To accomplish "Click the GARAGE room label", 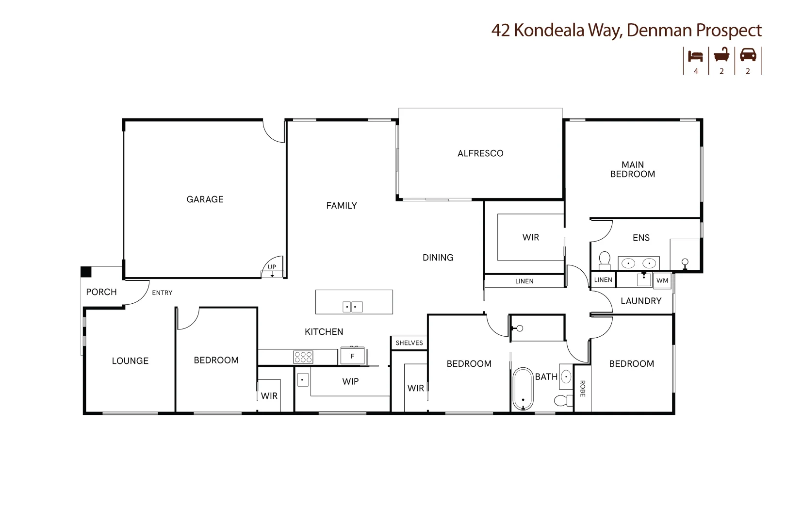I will (205, 199).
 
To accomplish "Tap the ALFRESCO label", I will (480, 153).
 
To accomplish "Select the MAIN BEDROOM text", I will (632, 169).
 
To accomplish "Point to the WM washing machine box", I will (662, 280).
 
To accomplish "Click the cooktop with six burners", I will (303, 358).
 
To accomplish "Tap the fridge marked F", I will (353, 356).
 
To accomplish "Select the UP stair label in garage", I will (272, 267).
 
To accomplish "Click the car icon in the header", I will (748, 55).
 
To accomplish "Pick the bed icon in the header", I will (695, 56).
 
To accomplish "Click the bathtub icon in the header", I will (721, 55).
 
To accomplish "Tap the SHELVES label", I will (409, 343).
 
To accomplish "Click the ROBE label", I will (582, 389).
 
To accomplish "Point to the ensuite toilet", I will (605, 261).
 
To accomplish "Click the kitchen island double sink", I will (353, 307).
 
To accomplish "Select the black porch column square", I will (86, 272).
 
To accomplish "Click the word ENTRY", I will (162, 293).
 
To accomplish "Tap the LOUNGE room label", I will (130, 361).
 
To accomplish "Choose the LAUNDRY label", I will (641, 301).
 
